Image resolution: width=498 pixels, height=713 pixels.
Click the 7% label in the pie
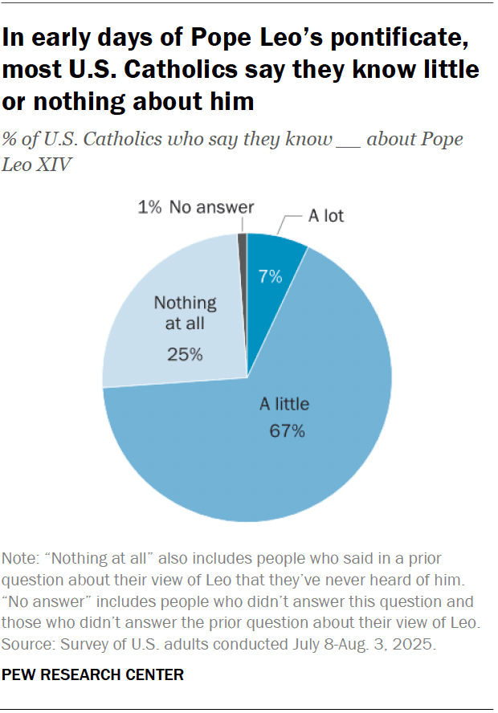[x=270, y=278]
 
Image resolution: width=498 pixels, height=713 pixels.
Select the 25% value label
[x=186, y=352]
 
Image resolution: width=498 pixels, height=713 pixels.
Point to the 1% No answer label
[x=195, y=208]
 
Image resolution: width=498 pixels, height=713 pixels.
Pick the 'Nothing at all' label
[x=186, y=313]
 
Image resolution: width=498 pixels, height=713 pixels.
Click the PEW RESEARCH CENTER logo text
[x=93, y=675]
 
